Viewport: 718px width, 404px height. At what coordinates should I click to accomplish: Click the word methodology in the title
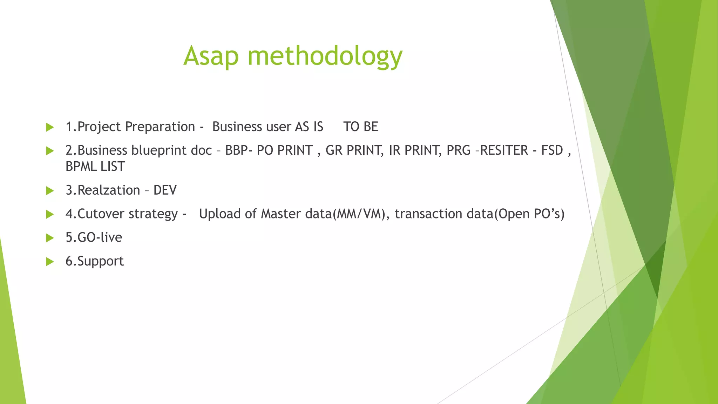(325, 56)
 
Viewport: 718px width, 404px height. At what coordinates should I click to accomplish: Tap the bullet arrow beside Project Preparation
(50, 127)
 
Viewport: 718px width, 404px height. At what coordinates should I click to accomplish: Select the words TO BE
(360, 127)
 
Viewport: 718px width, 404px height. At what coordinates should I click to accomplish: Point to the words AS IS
(309, 127)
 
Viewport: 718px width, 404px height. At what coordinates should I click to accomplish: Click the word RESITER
(504, 150)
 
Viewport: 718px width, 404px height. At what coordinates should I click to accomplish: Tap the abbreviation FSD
(552, 150)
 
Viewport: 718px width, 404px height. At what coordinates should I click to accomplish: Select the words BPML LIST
(95, 167)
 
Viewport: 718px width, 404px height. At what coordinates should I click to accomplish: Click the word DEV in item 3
(165, 190)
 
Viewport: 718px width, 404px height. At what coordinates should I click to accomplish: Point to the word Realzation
(109, 190)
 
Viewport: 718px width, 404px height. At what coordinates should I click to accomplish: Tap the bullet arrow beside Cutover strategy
(50, 214)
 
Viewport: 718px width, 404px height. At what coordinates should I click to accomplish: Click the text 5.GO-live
(94, 237)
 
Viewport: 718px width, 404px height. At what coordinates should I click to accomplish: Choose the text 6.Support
(95, 261)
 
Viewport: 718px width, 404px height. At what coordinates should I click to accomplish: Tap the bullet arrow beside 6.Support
(50, 262)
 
